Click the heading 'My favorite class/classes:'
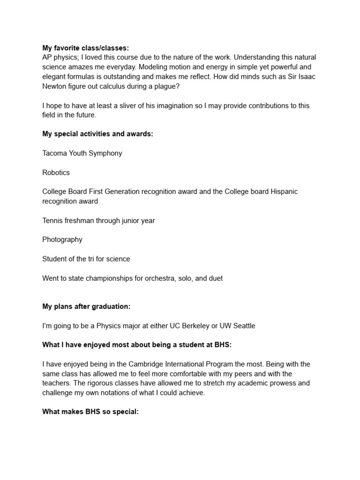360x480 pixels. pyautogui.click(x=85, y=48)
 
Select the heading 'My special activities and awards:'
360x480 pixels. pyautogui.click(x=97, y=134)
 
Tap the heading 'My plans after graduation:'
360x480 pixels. pyautogui.click(x=86, y=307)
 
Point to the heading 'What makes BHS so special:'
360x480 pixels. pyautogui.click(x=90, y=412)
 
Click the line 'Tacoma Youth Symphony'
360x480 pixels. pyautogui.click(x=82, y=153)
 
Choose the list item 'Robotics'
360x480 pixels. pyautogui.click(x=56, y=172)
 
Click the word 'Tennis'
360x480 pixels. pyautogui.click(x=52, y=221)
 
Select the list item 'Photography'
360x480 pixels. pyautogui.click(x=62, y=240)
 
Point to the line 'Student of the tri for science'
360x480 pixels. pyautogui.click(x=86, y=259)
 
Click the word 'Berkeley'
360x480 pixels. pyautogui.click(x=191, y=326)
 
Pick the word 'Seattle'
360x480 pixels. pyautogui.click(x=243, y=326)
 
